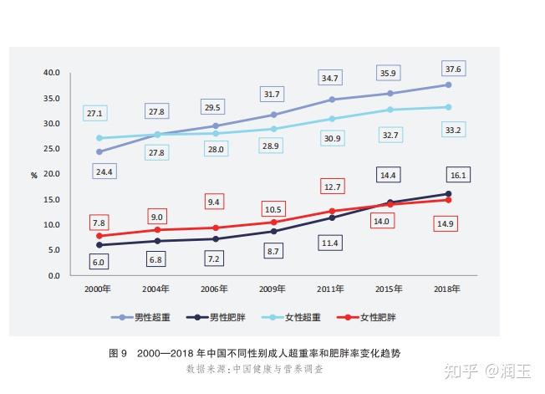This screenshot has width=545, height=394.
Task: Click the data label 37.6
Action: [453, 69]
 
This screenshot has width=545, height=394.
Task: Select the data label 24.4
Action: [104, 171]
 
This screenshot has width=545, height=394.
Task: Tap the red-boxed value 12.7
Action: [333, 187]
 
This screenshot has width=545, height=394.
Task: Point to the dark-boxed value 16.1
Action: [458, 175]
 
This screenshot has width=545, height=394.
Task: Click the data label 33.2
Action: [453, 130]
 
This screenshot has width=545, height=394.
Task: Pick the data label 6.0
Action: [99, 262]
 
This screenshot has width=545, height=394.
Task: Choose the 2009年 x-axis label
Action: [272, 289]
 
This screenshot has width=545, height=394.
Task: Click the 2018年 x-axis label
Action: [447, 289]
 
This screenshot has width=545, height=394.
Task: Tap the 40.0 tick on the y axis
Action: [52, 73]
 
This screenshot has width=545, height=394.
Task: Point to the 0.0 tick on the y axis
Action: [54, 276]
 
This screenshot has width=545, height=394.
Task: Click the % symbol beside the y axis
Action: [33, 176]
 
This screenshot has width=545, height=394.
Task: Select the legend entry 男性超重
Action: [140, 317]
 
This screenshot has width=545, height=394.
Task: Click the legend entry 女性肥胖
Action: [366, 317]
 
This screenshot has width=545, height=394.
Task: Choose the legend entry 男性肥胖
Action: [216, 317]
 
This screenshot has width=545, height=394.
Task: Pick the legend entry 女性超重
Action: [291, 317]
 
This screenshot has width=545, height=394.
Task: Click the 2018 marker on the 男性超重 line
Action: [448, 84]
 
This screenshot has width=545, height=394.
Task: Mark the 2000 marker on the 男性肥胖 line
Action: [99, 245]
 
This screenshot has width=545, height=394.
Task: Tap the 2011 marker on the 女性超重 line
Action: [333, 119]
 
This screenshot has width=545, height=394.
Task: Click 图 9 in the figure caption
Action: [118, 353]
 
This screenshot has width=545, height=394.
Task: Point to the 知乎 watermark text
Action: [461, 371]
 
